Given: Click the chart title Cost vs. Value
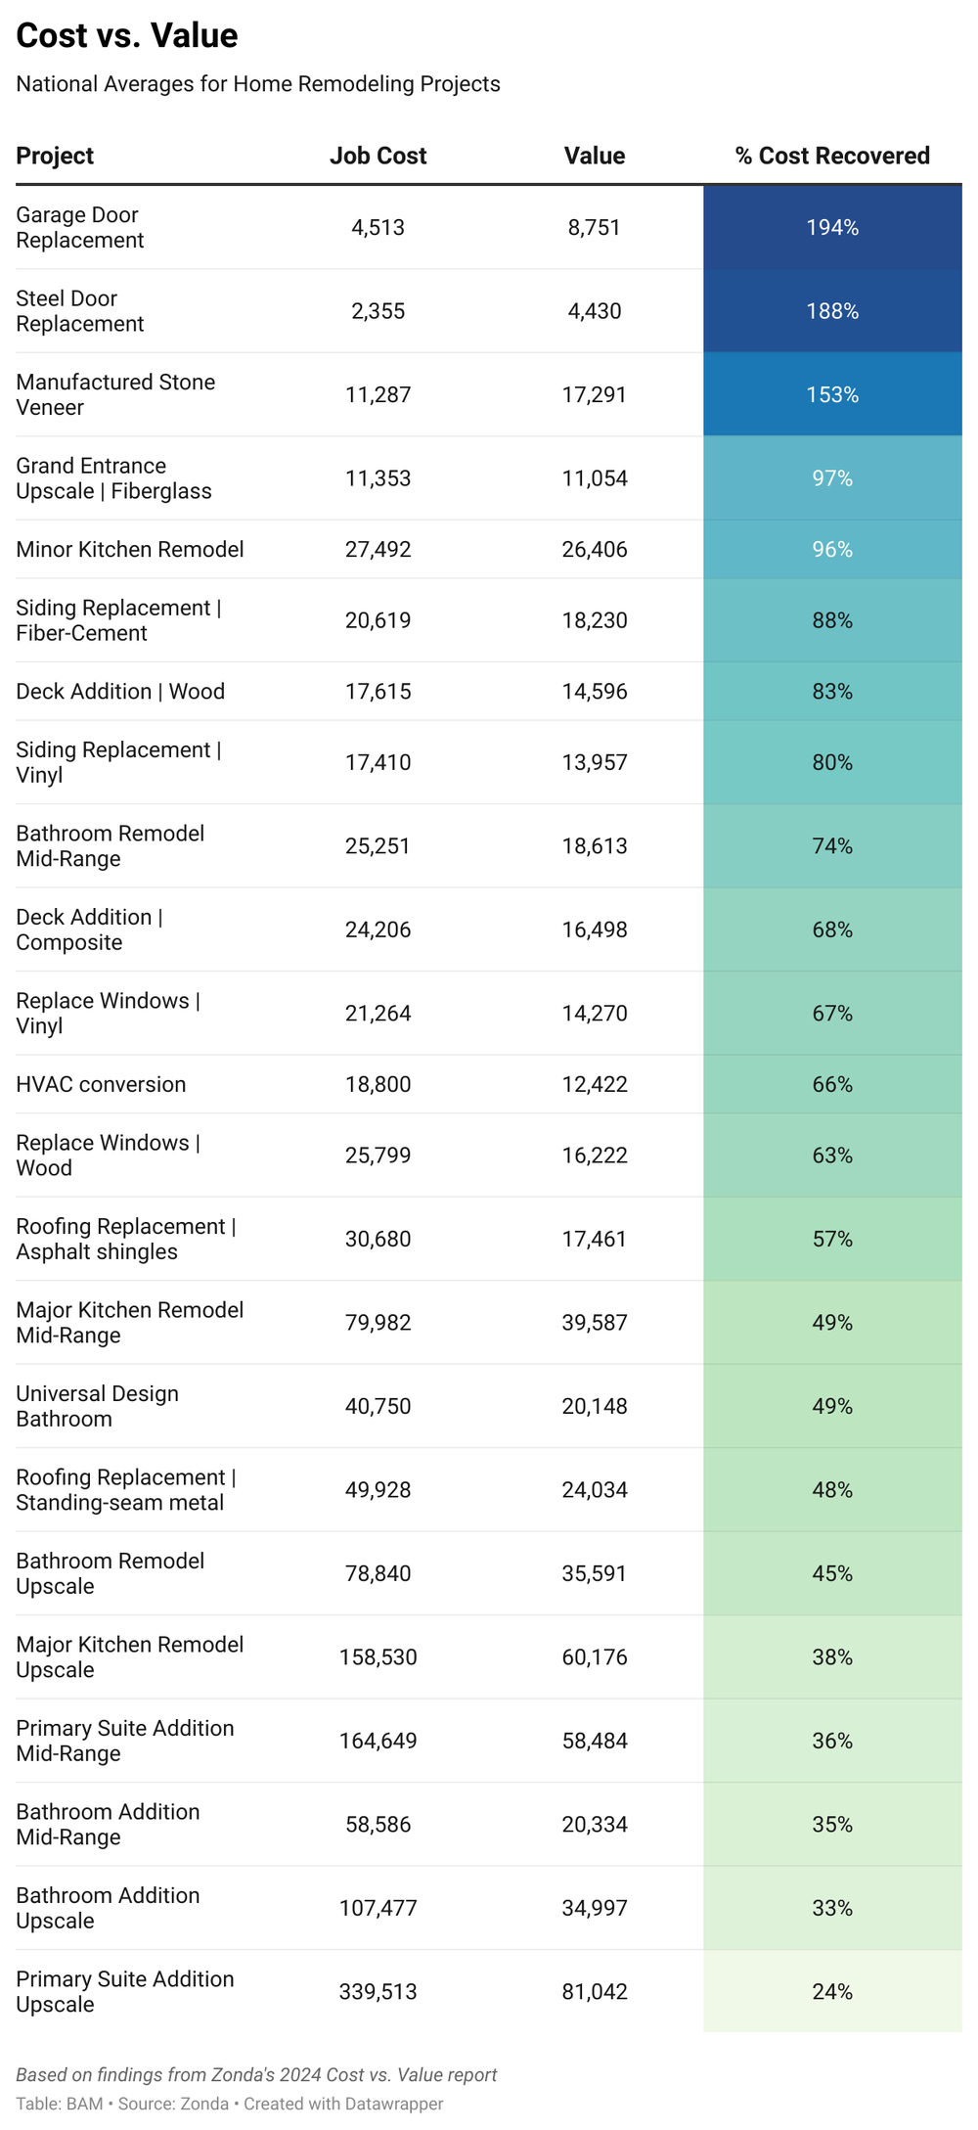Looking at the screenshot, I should (x=127, y=35).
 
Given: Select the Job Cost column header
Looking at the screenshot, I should (x=378, y=156).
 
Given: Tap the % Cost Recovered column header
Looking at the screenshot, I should (x=832, y=156).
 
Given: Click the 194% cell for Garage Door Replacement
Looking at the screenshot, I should (x=832, y=227).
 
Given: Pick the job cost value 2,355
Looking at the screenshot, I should (x=378, y=311).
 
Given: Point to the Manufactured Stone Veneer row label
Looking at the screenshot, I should (x=115, y=394).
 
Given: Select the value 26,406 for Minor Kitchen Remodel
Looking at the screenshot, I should (x=595, y=549).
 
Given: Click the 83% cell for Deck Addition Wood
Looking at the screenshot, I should (x=832, y=692).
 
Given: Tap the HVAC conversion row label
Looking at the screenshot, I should (x=101, y=1084).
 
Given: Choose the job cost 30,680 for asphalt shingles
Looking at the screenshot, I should (x=378, y=1239).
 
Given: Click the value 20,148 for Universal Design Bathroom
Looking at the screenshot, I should (x=595, y=1406).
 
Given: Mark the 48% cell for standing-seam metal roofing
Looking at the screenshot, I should (x=832, y=1490).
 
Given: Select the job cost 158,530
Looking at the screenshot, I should (x=378, y=1657).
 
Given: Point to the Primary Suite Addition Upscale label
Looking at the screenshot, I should (x=125, y=1991).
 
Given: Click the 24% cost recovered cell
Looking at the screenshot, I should (x=832, y=1991).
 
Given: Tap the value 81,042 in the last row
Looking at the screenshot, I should (x=595, y=1991).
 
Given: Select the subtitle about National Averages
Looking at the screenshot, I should (x=258, y=84).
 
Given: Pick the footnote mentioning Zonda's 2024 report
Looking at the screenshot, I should (x=256, y=2074).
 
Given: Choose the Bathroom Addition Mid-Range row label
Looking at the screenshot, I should (x=108, y=1824).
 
